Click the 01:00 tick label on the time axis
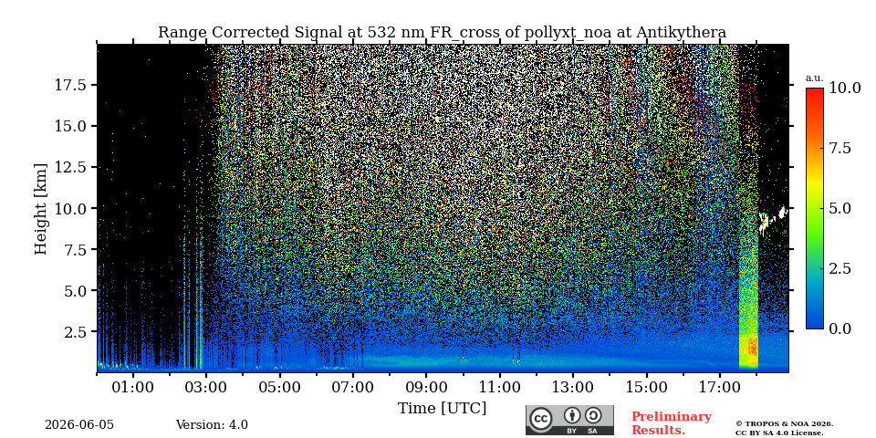[133, 387]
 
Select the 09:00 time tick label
[426, 387]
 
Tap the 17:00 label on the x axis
[720, 387]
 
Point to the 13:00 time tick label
[573, 387]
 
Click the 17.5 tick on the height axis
[72, 85]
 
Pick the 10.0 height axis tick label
[72, 208]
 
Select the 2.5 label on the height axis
[77, 332]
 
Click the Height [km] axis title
[41, 208]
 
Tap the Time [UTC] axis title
[442, 409]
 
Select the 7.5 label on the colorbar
[840, 148]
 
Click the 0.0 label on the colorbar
[840, 328]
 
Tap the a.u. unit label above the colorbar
[815, 78]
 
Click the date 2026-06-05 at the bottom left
[79, 425]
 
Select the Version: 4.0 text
[212, 425]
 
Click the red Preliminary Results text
[672, 423]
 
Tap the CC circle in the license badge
[540, 420]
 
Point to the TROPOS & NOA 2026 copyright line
[785, 424]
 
